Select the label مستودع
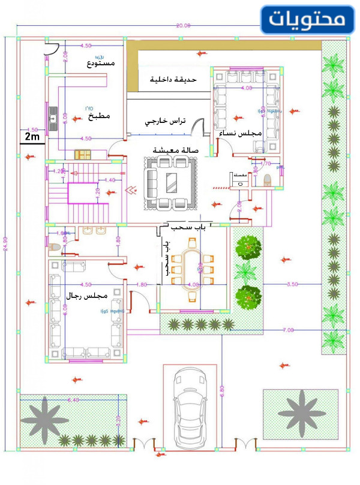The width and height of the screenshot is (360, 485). [x=101, y=63]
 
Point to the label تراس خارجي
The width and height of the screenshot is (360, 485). [x=165, y=121]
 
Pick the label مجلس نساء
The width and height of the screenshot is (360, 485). [x=239, y=133]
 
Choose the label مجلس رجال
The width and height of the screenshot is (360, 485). [x=88, y=296]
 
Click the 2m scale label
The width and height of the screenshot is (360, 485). [x=32, y=137]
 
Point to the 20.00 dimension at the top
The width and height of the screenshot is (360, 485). [x=183, y=26]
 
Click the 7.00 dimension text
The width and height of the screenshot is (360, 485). [x=288, y=330]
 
